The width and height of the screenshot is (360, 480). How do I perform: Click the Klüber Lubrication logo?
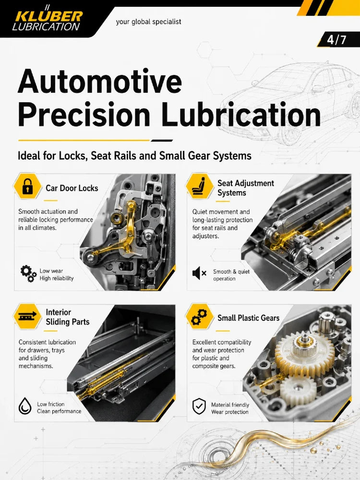[48, 19]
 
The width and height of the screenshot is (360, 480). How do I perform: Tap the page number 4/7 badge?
[337, 39]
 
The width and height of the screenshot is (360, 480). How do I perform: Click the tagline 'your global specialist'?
[148, 22]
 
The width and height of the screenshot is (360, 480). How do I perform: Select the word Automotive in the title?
[100, 82]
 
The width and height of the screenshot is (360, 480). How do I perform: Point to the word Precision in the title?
[84, 114]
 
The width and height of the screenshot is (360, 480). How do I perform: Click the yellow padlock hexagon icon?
[27, 186]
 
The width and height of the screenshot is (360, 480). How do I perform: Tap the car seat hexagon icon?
[200, 186]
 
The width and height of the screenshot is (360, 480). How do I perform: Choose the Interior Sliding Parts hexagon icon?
[27, 316]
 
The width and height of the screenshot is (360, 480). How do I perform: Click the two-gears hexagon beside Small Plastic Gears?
[200, 316]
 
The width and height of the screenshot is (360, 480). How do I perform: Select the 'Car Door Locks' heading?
[72, 188]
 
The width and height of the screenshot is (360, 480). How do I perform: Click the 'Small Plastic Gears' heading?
[248, 318]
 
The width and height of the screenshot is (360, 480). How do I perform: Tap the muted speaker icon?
[199, 273]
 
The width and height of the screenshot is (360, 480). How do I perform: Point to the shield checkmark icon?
[199, 406]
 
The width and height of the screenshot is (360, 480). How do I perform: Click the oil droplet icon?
[25, 406]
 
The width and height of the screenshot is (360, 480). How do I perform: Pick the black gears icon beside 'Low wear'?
[28, 274]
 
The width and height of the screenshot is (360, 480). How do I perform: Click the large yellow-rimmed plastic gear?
[305, 355]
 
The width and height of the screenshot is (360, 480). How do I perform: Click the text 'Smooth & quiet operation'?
[231, 275]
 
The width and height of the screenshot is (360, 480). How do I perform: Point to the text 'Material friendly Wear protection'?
[230, 408]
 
